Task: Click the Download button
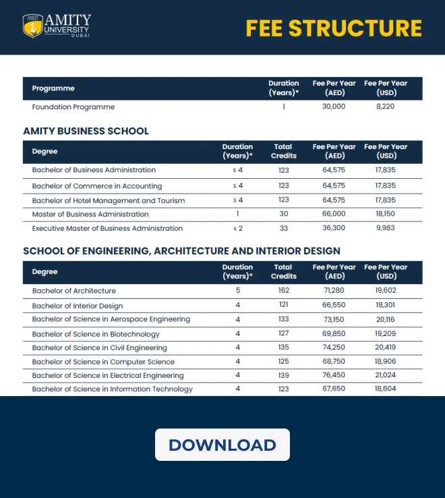pos(222,445)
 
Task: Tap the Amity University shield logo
pos(32,26)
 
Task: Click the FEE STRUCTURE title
pos(334,28)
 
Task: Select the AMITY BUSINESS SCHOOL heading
pos(86,131)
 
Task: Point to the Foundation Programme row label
pos(73,107)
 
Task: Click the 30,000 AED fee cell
pos(334,107)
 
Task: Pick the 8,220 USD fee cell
pos(386,107)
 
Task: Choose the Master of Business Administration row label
pos(90,214)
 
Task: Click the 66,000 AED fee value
pos(334,214)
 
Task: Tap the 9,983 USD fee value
pos(386,228)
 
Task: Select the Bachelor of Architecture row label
pos(74,291)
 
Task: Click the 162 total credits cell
pos(283,291)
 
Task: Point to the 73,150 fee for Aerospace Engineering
pos(334,319)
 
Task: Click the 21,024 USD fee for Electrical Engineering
pos(386,375)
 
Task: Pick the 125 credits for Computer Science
pos(283,362)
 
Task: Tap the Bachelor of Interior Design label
pos(78,306)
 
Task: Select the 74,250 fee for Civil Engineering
pos(334,348)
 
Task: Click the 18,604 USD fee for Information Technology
pos(386,389)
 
